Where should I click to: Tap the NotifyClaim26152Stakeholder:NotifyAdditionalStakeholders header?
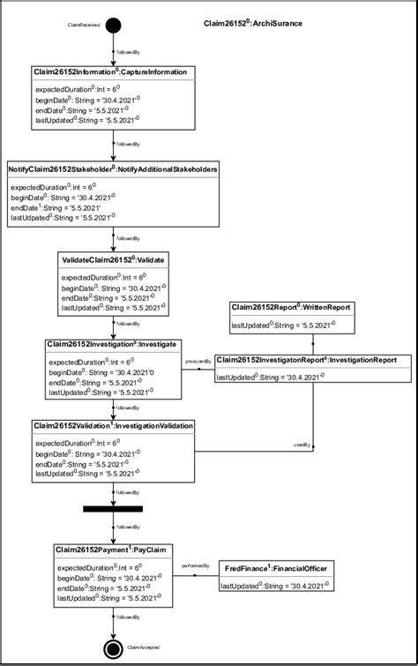tap(113, 168)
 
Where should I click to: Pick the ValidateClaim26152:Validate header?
tap(113, 260)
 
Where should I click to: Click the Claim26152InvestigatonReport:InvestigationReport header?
tap(312, 360)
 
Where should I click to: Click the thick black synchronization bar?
tap(113, 509)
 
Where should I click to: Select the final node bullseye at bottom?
tap(113, 647)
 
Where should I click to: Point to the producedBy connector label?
tap(195, 362)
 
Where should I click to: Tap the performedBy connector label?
tap(194, 565)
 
